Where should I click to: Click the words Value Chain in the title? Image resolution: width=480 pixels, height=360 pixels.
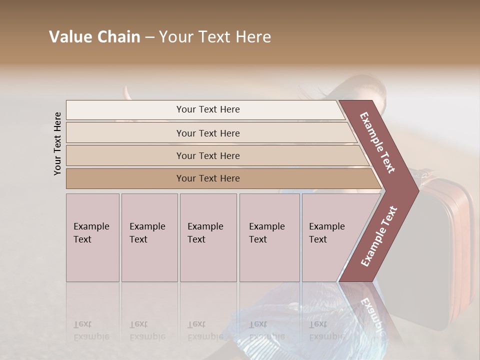pyautogui.click(x=94, y=37)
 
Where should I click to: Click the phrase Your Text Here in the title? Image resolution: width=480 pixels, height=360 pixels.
pyautogui.click(x=215, y=37)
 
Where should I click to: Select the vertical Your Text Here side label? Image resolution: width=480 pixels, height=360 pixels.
pyautogui.click(x=57, y=143)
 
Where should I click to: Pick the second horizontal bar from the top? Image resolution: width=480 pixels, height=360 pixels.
pyautogui.click(x=208, y=133)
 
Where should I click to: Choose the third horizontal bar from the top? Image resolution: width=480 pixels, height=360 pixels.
pyautogui.click(x=208, y=155)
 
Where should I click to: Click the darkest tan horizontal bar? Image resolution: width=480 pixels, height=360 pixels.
pyautogui.click(x=208, y=178)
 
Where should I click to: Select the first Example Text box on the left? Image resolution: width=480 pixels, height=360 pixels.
pyautogui.click(x=92, y=237)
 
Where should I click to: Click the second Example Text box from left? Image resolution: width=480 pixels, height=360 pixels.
pyautogui.click(x=149, y=237)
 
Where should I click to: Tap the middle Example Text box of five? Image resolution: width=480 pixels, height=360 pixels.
pyautogui.click(x=208, y=237)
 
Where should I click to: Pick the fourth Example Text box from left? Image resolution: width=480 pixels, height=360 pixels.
pyautogui.click(x=269, y=237)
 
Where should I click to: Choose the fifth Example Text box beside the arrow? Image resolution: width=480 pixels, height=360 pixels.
pyautogui.click(x=327, y=237)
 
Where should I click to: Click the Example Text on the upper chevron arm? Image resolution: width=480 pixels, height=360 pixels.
pyautogui.click(x=377, y=142)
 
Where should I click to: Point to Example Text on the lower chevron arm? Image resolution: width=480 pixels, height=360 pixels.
pyautogui.click(x=378, y=236)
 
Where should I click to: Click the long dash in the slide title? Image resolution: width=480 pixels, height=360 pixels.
pyautogui.click(x=149, y=37)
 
